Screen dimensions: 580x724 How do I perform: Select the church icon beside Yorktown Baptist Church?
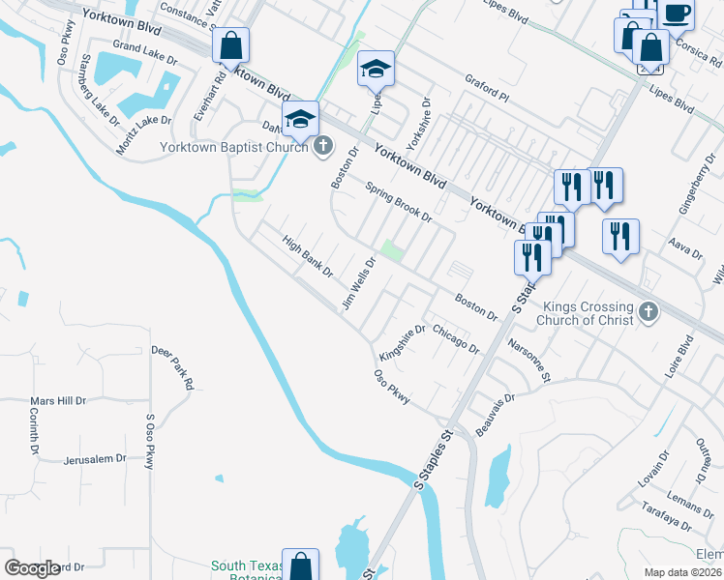tap(323, 147)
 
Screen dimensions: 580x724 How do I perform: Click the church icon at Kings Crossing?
tap(648, 311)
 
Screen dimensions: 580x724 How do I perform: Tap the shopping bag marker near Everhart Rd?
tap(231, 46)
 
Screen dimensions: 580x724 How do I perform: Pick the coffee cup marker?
tap(677, 14)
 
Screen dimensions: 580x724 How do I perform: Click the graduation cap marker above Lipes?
tap(376, 70)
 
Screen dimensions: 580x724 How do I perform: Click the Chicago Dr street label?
tap(456, 338)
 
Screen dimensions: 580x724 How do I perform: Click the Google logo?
tap(32, 568)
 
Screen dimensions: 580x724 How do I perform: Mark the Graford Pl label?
tap(487, 84)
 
